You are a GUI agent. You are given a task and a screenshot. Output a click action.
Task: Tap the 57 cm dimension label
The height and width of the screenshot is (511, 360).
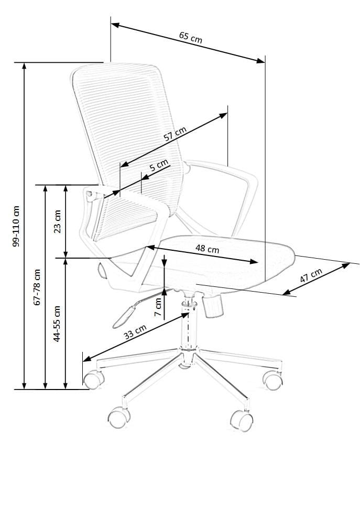[175, 135]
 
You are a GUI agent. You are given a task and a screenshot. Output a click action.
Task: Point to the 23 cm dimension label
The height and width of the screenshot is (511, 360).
[58, 221]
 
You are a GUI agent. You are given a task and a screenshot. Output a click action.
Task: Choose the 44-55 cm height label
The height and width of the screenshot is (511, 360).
[58, 324]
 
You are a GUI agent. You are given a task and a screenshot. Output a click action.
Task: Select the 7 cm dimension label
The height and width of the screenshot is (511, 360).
[158, 307]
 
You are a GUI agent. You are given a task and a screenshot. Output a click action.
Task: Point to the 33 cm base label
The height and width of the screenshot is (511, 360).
[135, 332]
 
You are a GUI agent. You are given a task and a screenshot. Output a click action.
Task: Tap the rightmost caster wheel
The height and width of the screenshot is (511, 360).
[274, 381]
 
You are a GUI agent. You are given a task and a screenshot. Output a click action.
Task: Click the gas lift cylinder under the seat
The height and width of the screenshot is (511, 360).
[188, 325]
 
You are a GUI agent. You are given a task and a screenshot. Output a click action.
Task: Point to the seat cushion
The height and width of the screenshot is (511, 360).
[225, 262]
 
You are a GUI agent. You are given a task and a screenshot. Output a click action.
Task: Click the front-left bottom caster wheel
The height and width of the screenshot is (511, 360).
[119, 416]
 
